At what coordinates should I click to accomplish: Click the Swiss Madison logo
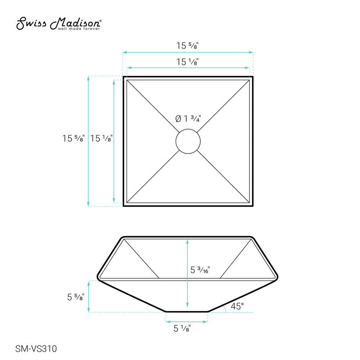pyautogui.click(x=58, y=23)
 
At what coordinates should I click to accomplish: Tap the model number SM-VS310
pyautogui.click(x=36, y=348)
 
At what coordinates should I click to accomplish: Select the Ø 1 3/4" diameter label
pyautogui.click(x=188, y=119)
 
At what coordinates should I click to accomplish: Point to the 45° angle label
pyautogui.click(x=237, y=306)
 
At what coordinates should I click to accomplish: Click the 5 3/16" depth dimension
pyautogui.click(x=200, y=270)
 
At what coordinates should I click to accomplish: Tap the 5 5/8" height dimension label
pyautogui.click(x=76, y=297)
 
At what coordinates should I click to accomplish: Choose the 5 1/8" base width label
pyautogui.click(x=182, y=328)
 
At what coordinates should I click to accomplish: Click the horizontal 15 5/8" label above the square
pyautogui.click(x=187, y=45)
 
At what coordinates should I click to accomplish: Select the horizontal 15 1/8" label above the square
pyautogui.click(x=187, y=62)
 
